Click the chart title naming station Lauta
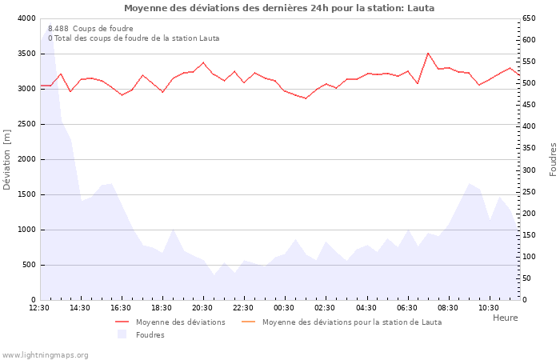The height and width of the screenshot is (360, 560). [x=279, y=8]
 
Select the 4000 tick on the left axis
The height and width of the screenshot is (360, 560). [x=26, y=18]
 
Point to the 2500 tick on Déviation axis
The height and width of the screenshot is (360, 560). [x=26, y=124]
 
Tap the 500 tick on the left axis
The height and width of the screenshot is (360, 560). [x=29, y=265]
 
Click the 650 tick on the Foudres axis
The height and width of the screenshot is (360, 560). [x=530, y=18]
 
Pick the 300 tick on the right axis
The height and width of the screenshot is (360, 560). [x=530, y=170]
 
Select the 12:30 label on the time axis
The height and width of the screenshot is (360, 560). [x=39, y=308]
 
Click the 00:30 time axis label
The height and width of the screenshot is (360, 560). [x=284, y=308]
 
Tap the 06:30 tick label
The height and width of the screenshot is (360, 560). [x=406, y=308]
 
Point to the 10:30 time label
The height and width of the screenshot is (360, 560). [x=488, y=308]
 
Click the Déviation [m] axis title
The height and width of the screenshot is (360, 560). [x=8, y=159]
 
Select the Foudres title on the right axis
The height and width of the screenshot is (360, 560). [x=553, y=159]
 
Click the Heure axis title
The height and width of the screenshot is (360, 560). [x=505, y=318]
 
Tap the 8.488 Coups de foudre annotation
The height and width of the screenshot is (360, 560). [x=90, y=28]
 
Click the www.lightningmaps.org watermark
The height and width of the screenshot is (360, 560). [x=46, y=355]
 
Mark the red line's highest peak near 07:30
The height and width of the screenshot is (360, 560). [x=428, y=54]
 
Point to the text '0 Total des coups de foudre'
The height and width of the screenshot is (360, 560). [x=133, y=38]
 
